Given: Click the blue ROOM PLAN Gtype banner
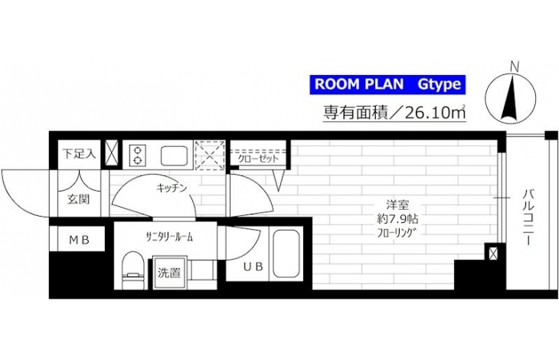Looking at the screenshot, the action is (x=388, y=84).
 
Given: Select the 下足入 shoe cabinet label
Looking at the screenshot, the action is (x=79, y=154).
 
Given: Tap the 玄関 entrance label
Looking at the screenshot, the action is (x=78, y=199).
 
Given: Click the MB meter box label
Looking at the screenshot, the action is (x=79, y=241).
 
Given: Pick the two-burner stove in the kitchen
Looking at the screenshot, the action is (x=138, y=155).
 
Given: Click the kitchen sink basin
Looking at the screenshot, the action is (x=174, y=155).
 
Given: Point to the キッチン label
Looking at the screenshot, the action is (x=172, y=188).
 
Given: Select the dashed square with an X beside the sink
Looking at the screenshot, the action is (x=210, y=155).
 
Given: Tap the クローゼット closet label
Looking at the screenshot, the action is (x=258, y=159).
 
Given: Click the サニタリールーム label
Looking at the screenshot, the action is (x=169, y=237).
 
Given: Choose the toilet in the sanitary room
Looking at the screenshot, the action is (x=134, y=270).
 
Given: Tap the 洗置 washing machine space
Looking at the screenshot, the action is (x=169, y=273).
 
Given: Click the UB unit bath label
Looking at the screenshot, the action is (x=253, y=267).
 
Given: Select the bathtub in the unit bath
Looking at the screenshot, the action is (x=286, y=254).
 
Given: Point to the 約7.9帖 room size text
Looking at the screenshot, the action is (x=397, y=219).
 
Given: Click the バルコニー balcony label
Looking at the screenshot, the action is (x=528, y=218).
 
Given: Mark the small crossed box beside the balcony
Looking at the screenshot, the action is (x=493, y=254).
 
